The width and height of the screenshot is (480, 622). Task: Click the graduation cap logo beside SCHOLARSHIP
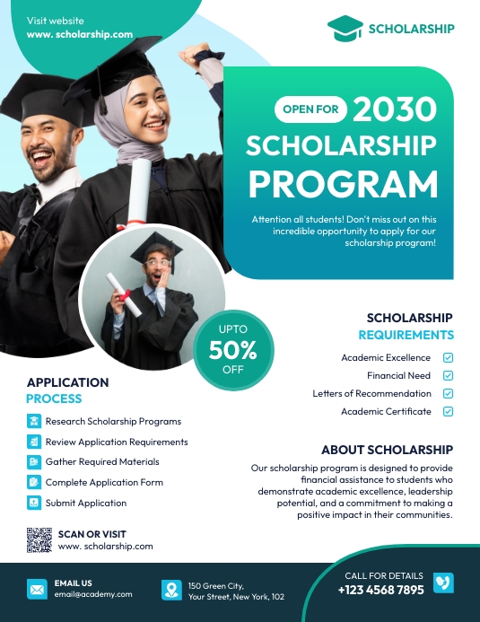(x=345, y=29)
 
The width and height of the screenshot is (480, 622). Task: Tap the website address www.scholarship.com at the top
(x=80, y=35)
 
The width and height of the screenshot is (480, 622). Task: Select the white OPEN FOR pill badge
(x=310, y=110)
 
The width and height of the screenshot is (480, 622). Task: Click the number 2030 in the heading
(x=394, y=110)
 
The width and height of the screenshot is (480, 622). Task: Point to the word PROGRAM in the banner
(x=343, y=183)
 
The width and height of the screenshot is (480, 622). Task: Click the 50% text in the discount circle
(x=233, y=349)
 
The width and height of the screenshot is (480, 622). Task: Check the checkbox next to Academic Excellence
(x=449, y=357)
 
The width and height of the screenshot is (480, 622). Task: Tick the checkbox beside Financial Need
(x=449, y=375)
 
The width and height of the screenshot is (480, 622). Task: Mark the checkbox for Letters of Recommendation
(x=449, y=393)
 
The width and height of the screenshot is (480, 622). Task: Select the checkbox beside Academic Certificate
(x=449, y=411)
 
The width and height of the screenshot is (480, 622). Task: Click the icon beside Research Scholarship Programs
(x=34, y=421)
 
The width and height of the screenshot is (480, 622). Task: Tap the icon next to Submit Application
(x=34, y=504)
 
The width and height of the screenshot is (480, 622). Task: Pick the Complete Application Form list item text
(x=104, y=483)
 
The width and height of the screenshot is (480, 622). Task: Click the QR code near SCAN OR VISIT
(x=39, y=539)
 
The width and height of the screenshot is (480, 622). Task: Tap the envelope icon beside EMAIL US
(x=37, y=590)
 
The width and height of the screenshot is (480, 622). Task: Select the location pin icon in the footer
(x=171, y=590)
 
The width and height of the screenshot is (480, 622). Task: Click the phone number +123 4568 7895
(x=380, y=591)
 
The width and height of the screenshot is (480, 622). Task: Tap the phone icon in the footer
(x=443, y=583)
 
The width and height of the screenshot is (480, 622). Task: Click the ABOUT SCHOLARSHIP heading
(x=387, y=450)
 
